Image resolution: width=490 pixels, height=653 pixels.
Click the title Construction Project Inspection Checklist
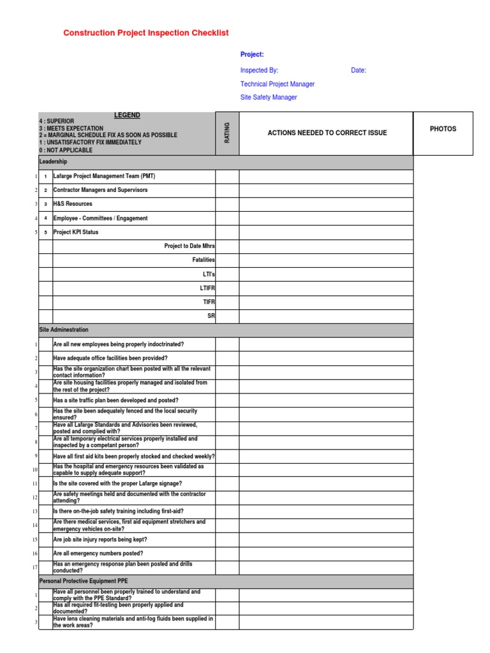[145, 33]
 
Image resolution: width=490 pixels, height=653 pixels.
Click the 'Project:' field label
[252, 55]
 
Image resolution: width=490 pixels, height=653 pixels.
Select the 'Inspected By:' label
[259, 70]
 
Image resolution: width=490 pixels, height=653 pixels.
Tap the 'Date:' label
[359, 70]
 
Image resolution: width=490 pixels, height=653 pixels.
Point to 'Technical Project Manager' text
[277, 84]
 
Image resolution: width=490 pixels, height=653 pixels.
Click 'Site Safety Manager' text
[268, 98]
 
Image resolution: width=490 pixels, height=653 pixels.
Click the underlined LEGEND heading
[127, 115]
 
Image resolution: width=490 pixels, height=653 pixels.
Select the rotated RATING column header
[227, 133]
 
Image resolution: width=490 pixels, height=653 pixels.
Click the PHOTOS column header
[443, 129]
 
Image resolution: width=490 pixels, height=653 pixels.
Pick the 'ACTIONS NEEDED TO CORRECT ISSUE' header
[327, 133]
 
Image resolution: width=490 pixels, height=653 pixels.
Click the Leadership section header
[54, 162]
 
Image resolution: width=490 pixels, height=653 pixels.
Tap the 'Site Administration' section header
[64, 330]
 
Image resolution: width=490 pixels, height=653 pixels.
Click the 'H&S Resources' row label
[73, 204]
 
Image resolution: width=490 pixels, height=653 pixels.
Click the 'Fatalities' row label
[204, 260]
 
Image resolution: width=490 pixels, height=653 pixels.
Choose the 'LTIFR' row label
[207, 288]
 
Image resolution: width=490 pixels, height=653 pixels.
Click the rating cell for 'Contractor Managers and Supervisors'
[227, 190]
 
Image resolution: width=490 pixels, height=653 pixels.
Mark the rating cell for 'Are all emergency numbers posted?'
[227, 554]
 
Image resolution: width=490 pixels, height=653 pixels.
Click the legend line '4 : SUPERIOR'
[57, 121]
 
